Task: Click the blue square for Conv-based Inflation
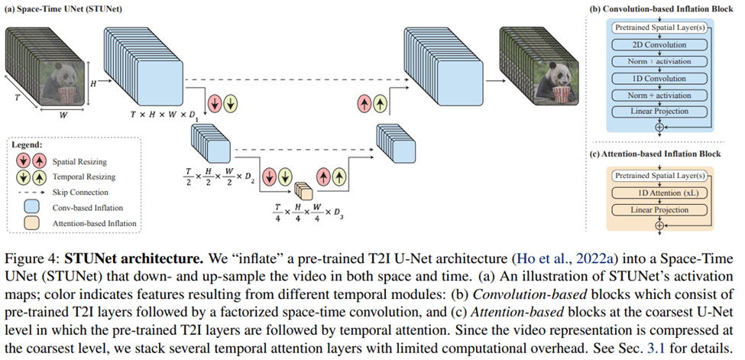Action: pos(31,207)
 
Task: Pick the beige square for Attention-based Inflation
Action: pos(31,223)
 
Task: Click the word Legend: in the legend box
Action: pos(31,144)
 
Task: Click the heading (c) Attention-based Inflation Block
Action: pos(656,154)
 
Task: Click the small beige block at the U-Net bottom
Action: pos(303,188)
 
